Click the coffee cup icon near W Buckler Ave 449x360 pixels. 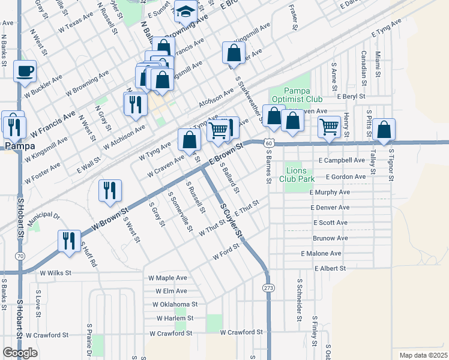(x=25, y=71)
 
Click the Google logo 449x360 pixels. (x=20, y=353)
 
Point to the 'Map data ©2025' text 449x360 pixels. (x=423, y=355)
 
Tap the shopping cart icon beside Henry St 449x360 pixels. (x=329, y=127)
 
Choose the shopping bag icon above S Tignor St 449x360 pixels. (x=384, y=129)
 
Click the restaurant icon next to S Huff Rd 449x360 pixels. (x=69, y=241)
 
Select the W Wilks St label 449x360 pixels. (x=55, y=272)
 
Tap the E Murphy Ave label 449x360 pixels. (x=330, y=192)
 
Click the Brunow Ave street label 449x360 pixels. (x=330, y=238)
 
